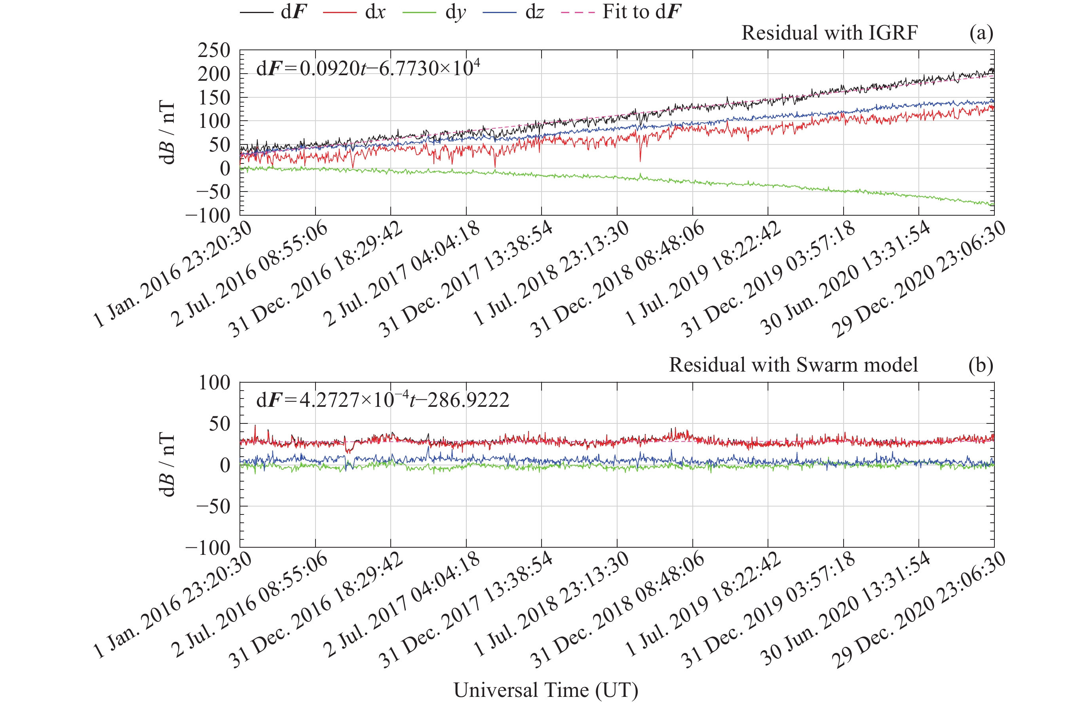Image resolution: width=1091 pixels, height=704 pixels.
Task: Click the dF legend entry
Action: pos(274,12)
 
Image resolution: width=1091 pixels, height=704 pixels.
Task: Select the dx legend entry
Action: pos(355,12)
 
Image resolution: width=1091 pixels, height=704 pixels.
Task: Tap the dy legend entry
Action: pos(434,12)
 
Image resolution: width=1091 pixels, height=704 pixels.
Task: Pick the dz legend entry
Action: pos(513,12)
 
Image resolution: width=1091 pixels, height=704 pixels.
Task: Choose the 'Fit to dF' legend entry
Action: pos(622,12)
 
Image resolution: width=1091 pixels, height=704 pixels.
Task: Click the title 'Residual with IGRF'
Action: pos(829,33)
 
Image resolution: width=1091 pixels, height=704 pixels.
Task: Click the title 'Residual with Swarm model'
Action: pos(793,365)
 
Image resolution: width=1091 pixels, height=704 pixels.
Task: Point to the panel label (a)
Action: pos(981,33)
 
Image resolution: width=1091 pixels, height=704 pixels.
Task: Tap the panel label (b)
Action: pos(981,365)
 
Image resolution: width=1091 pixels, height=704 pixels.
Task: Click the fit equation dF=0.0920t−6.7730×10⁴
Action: pos(368,68)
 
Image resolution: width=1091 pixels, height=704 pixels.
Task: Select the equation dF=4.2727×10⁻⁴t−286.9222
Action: pos(382,400)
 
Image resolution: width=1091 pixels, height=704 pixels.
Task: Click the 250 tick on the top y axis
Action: pos(214,50)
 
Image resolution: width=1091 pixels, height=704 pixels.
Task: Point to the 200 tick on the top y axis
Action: pos(214,74)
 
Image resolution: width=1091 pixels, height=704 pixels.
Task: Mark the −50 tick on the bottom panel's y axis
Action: pos(213,507)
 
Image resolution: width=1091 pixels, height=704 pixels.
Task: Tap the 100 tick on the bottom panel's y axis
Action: pos(214,383)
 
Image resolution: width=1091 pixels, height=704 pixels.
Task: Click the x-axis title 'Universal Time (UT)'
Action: pos(545,690)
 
